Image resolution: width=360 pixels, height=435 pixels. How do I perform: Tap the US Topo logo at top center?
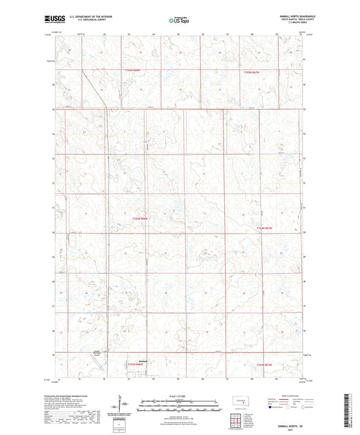[x=179, y=21]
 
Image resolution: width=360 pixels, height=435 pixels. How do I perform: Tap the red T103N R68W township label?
[x=140, y=218]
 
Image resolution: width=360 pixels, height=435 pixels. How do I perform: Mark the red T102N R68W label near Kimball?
[x=136, y=366]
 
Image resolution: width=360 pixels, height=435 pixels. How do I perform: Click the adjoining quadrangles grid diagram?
[x=236, y=419]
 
